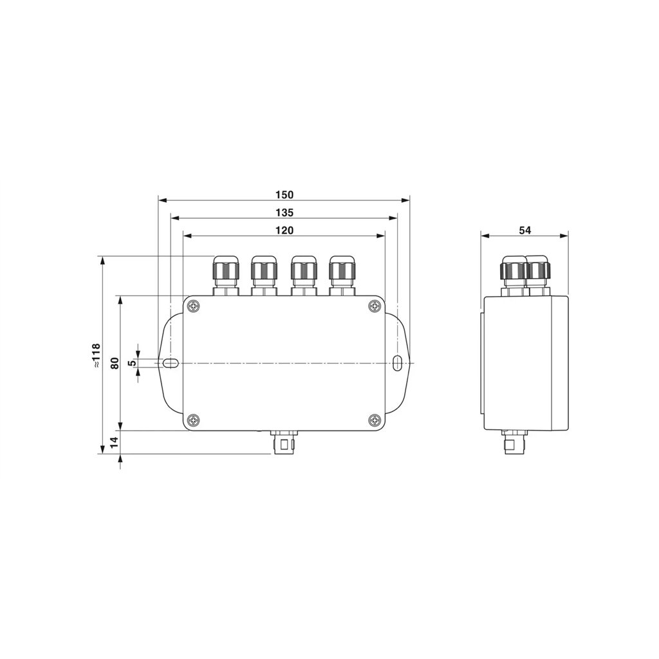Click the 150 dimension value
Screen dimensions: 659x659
coord(284,195)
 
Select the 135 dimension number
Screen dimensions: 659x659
coord(284,212)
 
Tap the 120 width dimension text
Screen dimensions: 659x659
coord(284,230)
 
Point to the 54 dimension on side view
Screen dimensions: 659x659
coord(525,230)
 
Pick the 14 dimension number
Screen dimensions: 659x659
coord(115,442)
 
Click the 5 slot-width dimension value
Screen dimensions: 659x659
coord(133,363)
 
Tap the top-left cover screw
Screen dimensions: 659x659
coord(193,306)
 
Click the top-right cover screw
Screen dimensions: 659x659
coord(374,306)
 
